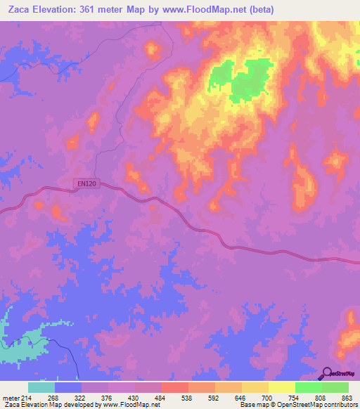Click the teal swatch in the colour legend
click(41, 387)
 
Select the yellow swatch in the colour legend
click(281, 387)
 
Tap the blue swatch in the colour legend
click(68, 387)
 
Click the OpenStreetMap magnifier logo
click(326, 373)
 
